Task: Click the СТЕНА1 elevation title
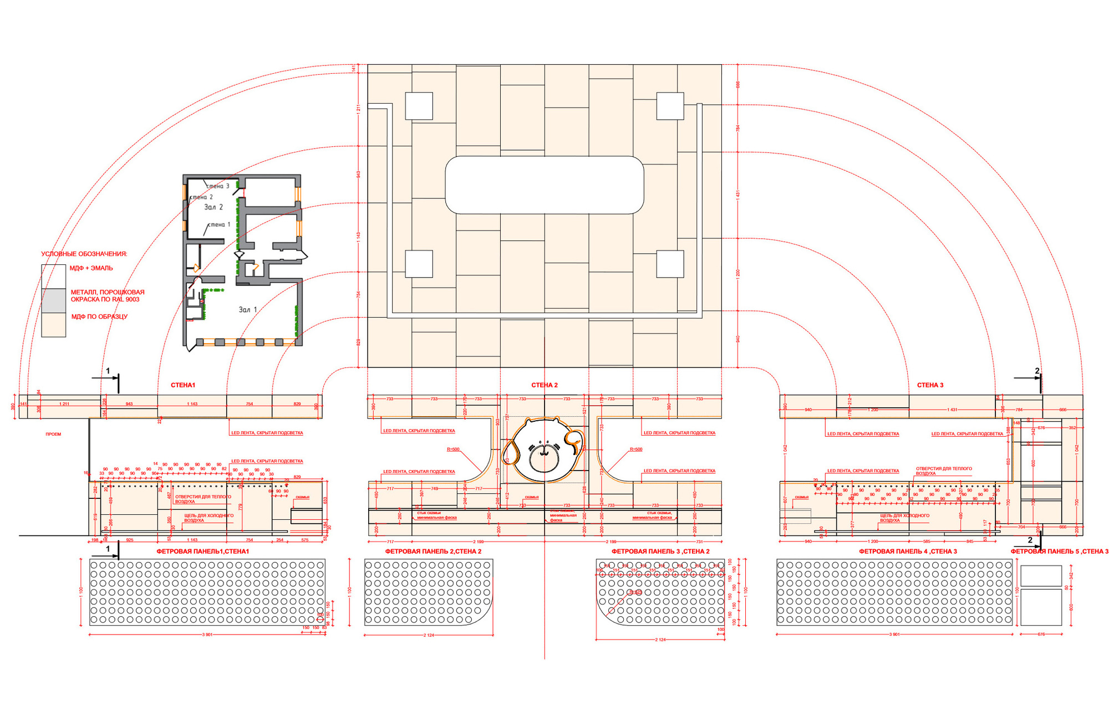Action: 183,385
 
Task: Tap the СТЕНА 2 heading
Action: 545,385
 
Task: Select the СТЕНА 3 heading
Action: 930,385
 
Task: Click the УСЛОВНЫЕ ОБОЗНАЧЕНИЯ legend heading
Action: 84,254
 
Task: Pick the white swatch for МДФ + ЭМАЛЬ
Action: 54,276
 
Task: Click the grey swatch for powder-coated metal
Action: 54,300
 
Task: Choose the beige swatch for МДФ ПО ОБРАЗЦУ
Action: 54,325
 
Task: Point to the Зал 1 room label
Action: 248,310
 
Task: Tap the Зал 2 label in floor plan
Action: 213,207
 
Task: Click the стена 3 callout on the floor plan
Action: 218,186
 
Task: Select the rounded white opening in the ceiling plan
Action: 545,185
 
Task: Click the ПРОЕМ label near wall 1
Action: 53,435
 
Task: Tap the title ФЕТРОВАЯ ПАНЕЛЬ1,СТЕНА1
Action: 203,551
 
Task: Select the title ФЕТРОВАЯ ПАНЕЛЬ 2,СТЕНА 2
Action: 433,551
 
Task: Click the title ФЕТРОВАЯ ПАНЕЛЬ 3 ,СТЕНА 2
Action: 660,551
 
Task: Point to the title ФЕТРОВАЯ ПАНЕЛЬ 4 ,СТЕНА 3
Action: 908,551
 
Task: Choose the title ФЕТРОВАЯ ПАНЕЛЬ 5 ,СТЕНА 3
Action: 1059,551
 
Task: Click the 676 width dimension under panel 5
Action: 1041,634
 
